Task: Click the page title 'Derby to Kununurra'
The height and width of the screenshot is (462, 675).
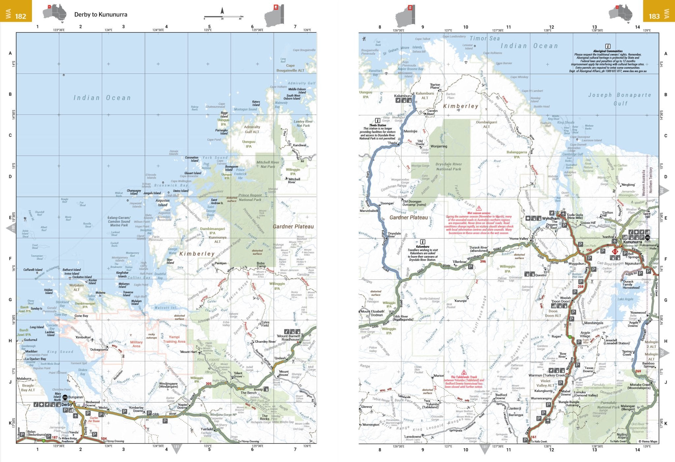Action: pos(101,14)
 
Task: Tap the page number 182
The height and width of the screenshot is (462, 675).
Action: pos(20,16)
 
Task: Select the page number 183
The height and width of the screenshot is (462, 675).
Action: pos(654,16)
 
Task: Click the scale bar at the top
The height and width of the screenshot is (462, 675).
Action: pos(223,16)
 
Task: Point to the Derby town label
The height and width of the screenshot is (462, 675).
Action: pos(67,404)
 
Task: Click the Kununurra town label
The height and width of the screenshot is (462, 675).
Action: pos(632,242)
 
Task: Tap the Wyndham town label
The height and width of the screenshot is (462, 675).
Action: pos(551,218)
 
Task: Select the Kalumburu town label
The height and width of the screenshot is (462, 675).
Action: pos(403,96)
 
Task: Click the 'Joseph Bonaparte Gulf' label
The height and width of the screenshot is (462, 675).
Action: pos(620,99)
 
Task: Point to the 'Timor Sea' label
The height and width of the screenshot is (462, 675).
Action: pos(484,39)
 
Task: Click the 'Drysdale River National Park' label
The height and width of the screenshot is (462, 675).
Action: pos(449,166)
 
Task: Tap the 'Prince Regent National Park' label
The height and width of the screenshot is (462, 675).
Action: pos(250,197)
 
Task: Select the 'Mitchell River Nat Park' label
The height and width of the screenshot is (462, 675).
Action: pos(268,164)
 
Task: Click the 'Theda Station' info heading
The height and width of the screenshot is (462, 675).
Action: pos(377,125)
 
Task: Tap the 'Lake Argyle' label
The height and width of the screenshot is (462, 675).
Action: pos(625,299)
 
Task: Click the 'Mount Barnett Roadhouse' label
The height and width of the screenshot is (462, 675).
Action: pos(290,338)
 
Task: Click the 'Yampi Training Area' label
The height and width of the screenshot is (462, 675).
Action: pos(174,339)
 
